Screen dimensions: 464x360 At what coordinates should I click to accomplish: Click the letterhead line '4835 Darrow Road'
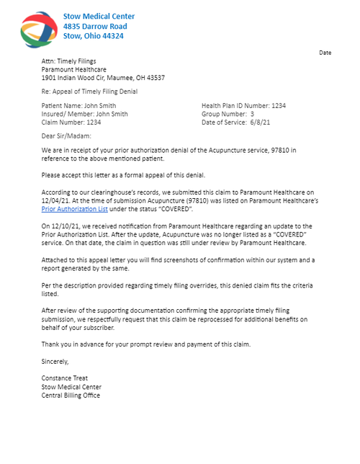pyautogui.click(x=95, y=26)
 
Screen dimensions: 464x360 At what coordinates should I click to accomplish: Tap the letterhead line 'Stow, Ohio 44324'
pyautogui.click(x=93, y=35)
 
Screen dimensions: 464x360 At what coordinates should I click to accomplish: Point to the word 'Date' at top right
pyautogui.click(x=325, y=53)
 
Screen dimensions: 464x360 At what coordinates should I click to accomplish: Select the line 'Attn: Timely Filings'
pyautogui.click(x=68, y=61)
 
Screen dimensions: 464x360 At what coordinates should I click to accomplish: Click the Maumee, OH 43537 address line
pyautogui.click(x=103, y=77)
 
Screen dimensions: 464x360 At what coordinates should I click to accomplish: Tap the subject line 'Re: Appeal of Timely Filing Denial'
pyautogui.click(x=89, y=92)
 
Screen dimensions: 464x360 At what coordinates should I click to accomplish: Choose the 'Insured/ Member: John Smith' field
pyautogui.click(x=85, y=114)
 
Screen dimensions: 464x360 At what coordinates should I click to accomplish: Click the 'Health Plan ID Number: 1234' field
pyautogui.click(x=243, y=106)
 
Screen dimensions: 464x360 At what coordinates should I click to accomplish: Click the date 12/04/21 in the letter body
pyautogui.click(x=55, y=202)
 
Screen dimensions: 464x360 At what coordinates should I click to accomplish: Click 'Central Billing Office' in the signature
pyautogui.click(x=71, y=395)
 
